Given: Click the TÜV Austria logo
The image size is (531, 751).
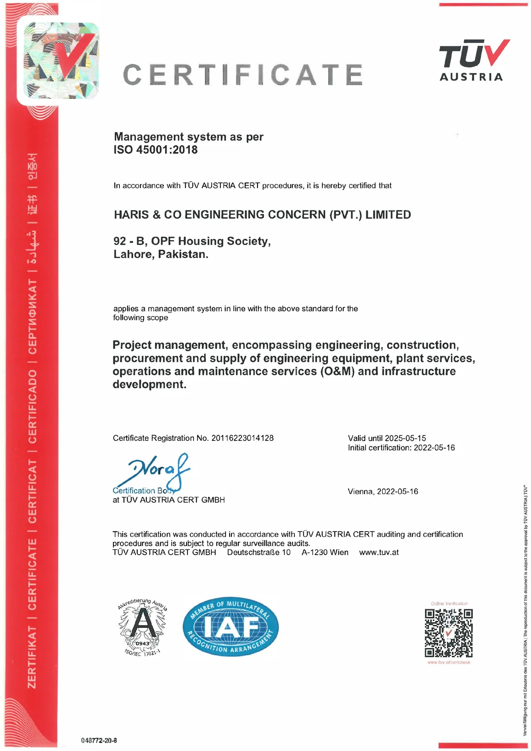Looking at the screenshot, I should click(474, 60).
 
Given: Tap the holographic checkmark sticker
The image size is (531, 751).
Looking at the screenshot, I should click(60, 60).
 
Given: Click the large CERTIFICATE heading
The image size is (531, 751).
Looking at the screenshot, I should click(243, 75).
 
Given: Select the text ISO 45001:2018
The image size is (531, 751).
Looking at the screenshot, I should click(156, 150).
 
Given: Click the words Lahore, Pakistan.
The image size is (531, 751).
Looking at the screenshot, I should click(161, 254).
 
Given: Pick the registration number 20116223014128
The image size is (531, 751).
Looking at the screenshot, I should click(242, 438).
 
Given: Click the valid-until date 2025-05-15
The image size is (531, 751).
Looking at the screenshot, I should click(405, 438).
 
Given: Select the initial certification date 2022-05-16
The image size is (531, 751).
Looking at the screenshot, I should click(434, 448).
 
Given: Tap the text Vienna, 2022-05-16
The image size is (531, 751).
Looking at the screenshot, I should click(383, 492).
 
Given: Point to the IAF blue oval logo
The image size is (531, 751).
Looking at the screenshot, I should click(231, 627).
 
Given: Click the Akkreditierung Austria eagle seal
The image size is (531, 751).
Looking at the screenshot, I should click(143, 627).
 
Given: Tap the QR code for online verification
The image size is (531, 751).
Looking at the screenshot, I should click(448, 633).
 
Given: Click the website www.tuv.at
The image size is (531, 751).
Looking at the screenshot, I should click(379, 552).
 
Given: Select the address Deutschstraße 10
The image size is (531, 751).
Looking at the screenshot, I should click(259, 552).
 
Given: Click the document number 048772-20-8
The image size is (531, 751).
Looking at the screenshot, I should click(99, 740).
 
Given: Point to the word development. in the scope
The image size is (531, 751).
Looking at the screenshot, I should click(150, 384).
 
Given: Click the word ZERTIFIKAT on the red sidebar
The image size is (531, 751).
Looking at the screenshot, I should click(32, 657).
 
